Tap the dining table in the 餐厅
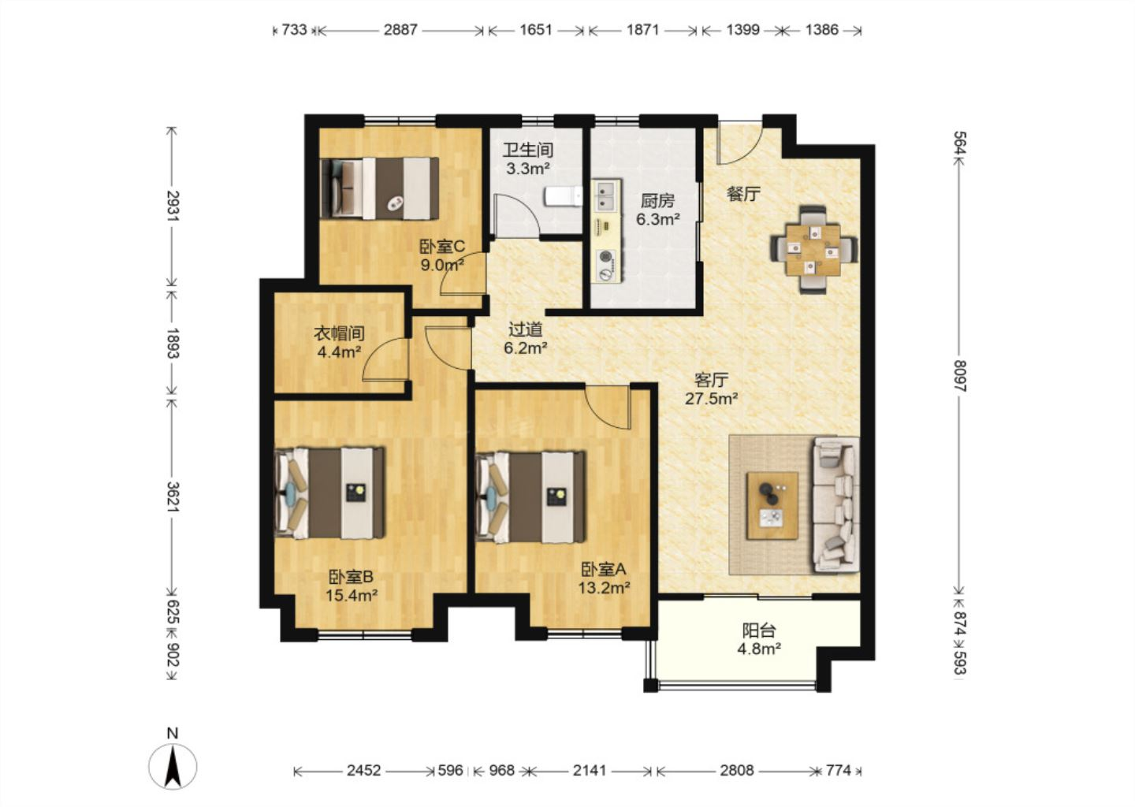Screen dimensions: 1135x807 (x=813, y=249)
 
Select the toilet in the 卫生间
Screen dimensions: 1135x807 (x=564, y=196)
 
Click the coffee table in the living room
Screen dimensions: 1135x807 (x=772, y=505)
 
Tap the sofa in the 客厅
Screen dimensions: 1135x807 (x=836, y=505)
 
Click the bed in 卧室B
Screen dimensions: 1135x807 (x=329, y=493)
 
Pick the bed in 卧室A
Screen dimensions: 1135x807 (x=530, y=497)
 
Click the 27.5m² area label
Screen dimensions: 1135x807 (x=711, y=399)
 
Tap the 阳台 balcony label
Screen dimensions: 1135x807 (x=759, y=630)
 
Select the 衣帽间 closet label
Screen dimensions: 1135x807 (x=340, y=333)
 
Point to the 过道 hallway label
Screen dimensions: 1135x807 (x=526, y=329)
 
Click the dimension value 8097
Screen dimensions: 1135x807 (x=960, y=376)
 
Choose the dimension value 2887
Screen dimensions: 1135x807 (x=400, y=30)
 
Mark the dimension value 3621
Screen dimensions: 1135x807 (x=173, y=496)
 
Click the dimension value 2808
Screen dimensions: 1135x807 (x=737, y=771)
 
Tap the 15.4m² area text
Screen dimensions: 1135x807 (x=352, y=595)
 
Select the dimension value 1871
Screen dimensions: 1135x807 (x=642, y=30)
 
